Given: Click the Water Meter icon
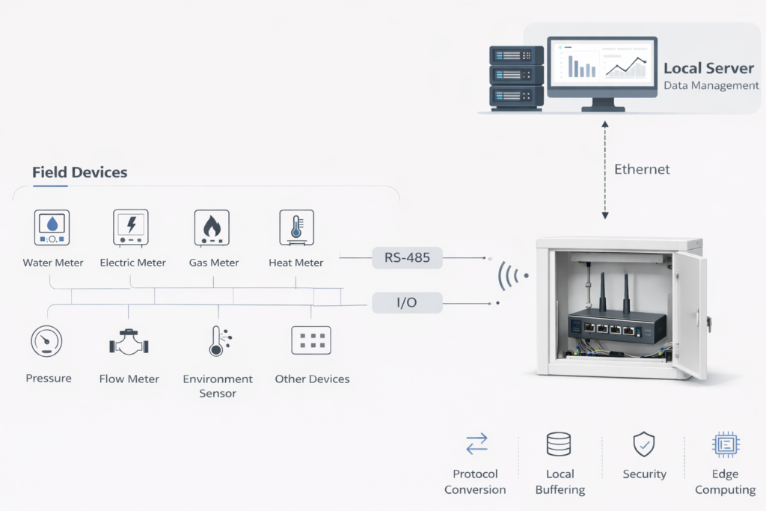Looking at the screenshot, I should pos(52,227).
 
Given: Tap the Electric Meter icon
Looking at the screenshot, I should pos(132,227).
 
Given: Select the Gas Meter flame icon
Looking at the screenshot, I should pos(212,227).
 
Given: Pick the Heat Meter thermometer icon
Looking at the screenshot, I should pos(296,227).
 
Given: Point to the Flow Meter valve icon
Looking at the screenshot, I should pos(129,343).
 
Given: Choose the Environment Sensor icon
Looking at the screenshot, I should pos(218,340).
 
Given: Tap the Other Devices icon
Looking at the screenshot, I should pos(310,340).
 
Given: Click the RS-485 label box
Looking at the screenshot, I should pos(407,258).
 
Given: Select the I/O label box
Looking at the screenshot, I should pos(407,302).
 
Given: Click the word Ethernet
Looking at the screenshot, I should pos(642,169).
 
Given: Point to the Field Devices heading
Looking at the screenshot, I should pos(79,172).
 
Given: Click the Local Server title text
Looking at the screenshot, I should pos(709,68).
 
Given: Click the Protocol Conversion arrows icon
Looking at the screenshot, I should pos(476,444).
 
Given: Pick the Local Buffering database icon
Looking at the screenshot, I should pos(559,444).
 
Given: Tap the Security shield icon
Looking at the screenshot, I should pos(643,444).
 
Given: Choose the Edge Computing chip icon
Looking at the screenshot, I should pos(725,444).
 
